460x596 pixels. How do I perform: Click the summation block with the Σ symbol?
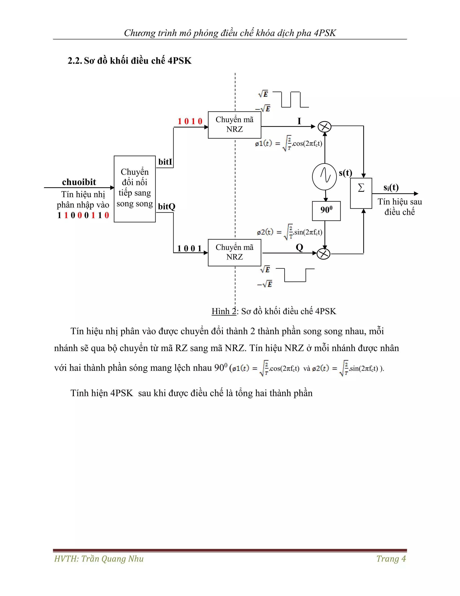click(x=361, y=193)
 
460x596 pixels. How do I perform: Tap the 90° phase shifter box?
click(x=326, y=211)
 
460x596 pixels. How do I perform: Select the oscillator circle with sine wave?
click(x=324, y=177)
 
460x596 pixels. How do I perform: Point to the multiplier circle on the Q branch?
click(x=324, y=254)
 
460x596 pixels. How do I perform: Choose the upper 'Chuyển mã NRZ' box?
click(x=234, y=125)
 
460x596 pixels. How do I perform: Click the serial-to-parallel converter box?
click(x=135, y=189)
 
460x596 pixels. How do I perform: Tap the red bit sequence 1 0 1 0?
click(x=190, y=121)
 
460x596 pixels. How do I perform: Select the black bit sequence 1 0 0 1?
click(x=189, y=249)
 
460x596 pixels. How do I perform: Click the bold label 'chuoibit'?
click(x=79, y=182)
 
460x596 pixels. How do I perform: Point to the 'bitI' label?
click(x=165, y=162)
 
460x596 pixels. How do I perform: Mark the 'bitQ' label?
click(x=166, y=207)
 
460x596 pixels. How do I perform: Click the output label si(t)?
click(x=391, y=188)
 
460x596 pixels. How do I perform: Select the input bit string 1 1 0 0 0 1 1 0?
click(x=83, y=215)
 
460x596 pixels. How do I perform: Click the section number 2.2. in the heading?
click(x=75, y=60)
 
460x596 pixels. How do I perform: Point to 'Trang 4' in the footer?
click(x=391, y=559)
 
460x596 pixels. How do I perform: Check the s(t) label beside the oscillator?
click(x=345, y=173)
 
